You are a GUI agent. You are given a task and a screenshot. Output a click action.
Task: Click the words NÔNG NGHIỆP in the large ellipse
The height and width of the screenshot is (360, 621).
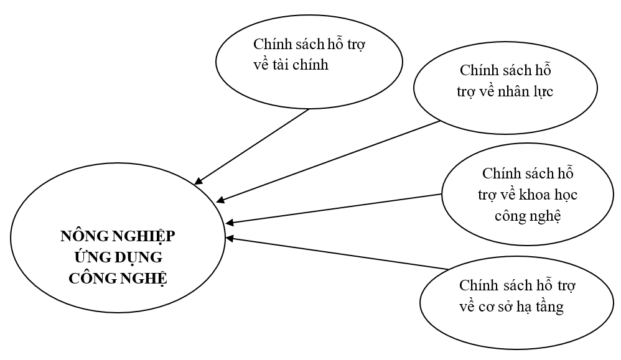pyautogui.click(x=118, y=236)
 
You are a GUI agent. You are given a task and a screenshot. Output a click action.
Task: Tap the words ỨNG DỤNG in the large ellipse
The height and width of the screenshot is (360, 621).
pyautogui.click(x=118, y=257)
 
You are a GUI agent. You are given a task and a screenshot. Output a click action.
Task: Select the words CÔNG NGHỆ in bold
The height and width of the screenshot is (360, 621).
pyautogui.click(x=118, y=277)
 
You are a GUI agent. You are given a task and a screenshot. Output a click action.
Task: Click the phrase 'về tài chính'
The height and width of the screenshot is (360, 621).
pyautogui.click(x=291, y=65)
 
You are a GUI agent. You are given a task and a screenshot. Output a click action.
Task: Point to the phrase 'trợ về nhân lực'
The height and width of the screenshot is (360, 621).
pyautogui.click(x=506, y=91)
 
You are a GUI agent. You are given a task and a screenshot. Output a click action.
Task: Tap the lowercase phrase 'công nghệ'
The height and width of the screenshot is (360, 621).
pyautogui.click(x=528, y=216)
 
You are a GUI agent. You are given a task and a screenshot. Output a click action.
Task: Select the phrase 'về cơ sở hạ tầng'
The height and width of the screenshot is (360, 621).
pyautogui.click(x=511, y=307)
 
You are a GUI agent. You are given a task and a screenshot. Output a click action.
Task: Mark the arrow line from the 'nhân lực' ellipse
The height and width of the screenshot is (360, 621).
pyautogui.click(x=330, y=161)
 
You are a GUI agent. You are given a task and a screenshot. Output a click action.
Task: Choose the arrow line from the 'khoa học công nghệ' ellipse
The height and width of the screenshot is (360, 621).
pyautogui.click(x=336, y=208)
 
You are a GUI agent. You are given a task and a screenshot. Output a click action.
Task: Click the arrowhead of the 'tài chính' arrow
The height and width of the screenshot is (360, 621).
pyautogui.click(x=198, y=182)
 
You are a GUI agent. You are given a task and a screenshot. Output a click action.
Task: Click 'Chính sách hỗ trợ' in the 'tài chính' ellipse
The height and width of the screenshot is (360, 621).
pyautogui.click(x=309, y=45)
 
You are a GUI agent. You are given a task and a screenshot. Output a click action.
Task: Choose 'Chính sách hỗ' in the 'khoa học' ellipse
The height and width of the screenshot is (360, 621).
pyautogui.click(x=526, y=173)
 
